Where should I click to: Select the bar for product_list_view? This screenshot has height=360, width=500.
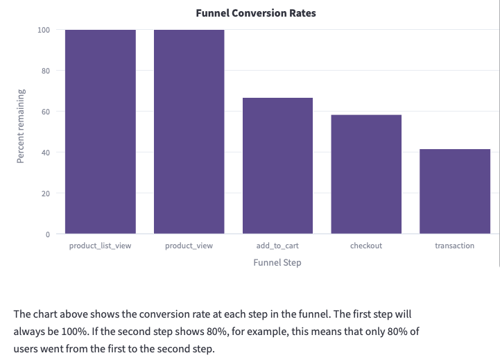point(101,132)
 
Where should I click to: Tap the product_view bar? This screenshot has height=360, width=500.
point(189,132)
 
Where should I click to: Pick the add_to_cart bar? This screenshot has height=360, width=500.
point(277,166)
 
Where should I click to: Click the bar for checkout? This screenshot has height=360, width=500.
point(366,174)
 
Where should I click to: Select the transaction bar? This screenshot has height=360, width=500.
point(455,191)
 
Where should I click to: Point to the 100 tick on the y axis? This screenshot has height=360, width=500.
point(44,30)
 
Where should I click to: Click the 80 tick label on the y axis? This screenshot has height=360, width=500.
point(46,71)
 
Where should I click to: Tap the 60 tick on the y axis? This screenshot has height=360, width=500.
point(46,112)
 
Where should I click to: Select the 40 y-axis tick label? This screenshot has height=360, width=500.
point(46,153)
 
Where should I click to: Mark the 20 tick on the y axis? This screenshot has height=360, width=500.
point(46,194)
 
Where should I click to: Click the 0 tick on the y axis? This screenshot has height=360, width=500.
point(48,234)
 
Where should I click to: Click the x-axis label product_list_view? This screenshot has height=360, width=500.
point(101,246)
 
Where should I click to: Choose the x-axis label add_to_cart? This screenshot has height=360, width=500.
point(277,246)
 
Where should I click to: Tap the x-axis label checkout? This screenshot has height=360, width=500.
point(366,246)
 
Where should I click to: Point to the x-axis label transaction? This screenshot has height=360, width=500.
point(455,246)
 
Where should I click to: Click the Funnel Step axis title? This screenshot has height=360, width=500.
point(277,263)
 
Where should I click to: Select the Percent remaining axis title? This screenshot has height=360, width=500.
point(21,126)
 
